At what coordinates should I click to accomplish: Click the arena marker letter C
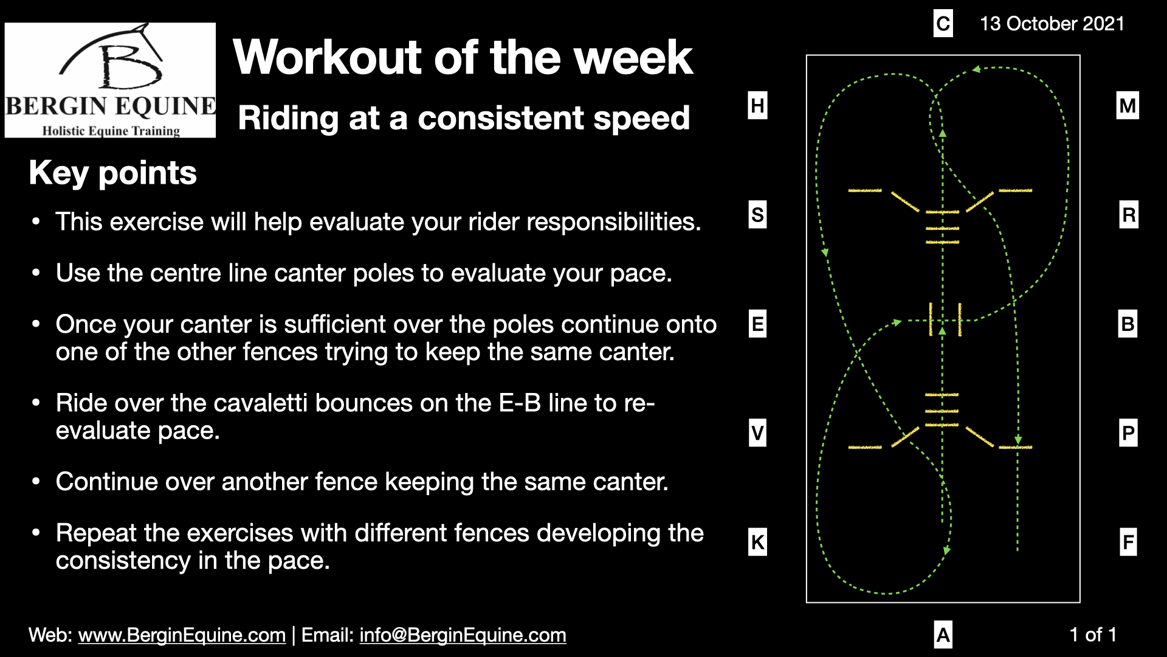click(943, 24)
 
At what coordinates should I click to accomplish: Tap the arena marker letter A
click(943, 634)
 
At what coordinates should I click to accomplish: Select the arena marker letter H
click(757, 105)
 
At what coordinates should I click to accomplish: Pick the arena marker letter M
click(1127, 105)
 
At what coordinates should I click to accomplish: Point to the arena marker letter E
click(757, 324)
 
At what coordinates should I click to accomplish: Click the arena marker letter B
click(1127, 324)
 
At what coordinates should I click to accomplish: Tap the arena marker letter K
click(757, 542)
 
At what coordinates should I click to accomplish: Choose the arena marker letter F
click(1128, 541)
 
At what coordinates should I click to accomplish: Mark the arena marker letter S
click(757, 215)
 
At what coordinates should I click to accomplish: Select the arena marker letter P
click(1128, 433)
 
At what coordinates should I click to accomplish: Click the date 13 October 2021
click(1052, 24)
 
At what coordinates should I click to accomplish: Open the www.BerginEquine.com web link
click(182, 635)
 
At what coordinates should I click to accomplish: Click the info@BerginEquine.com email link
click(463, 635)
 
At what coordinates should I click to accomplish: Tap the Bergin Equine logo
click(110, 80)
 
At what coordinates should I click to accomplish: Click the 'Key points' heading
click(113, 173)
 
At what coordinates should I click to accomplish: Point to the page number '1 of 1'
click(1093, 634)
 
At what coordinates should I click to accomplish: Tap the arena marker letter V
click(757, 433)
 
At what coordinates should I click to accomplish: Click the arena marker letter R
click(1129, 215)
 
